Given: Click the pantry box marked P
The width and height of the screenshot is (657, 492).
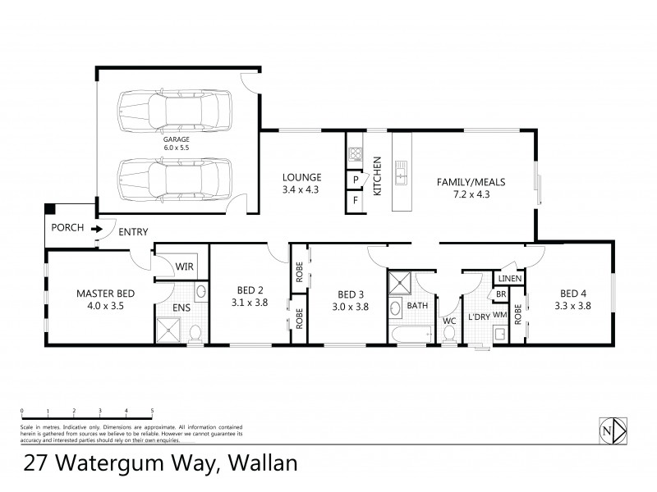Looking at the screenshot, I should (356, 180).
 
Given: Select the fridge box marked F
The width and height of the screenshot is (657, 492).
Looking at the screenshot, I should (356, 200).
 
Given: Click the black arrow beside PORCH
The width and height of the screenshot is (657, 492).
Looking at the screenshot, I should (96, 229).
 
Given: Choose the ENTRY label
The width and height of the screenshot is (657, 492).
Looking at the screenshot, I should (133, 232).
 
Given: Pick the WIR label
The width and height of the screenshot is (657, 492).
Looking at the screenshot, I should (185, 266).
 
